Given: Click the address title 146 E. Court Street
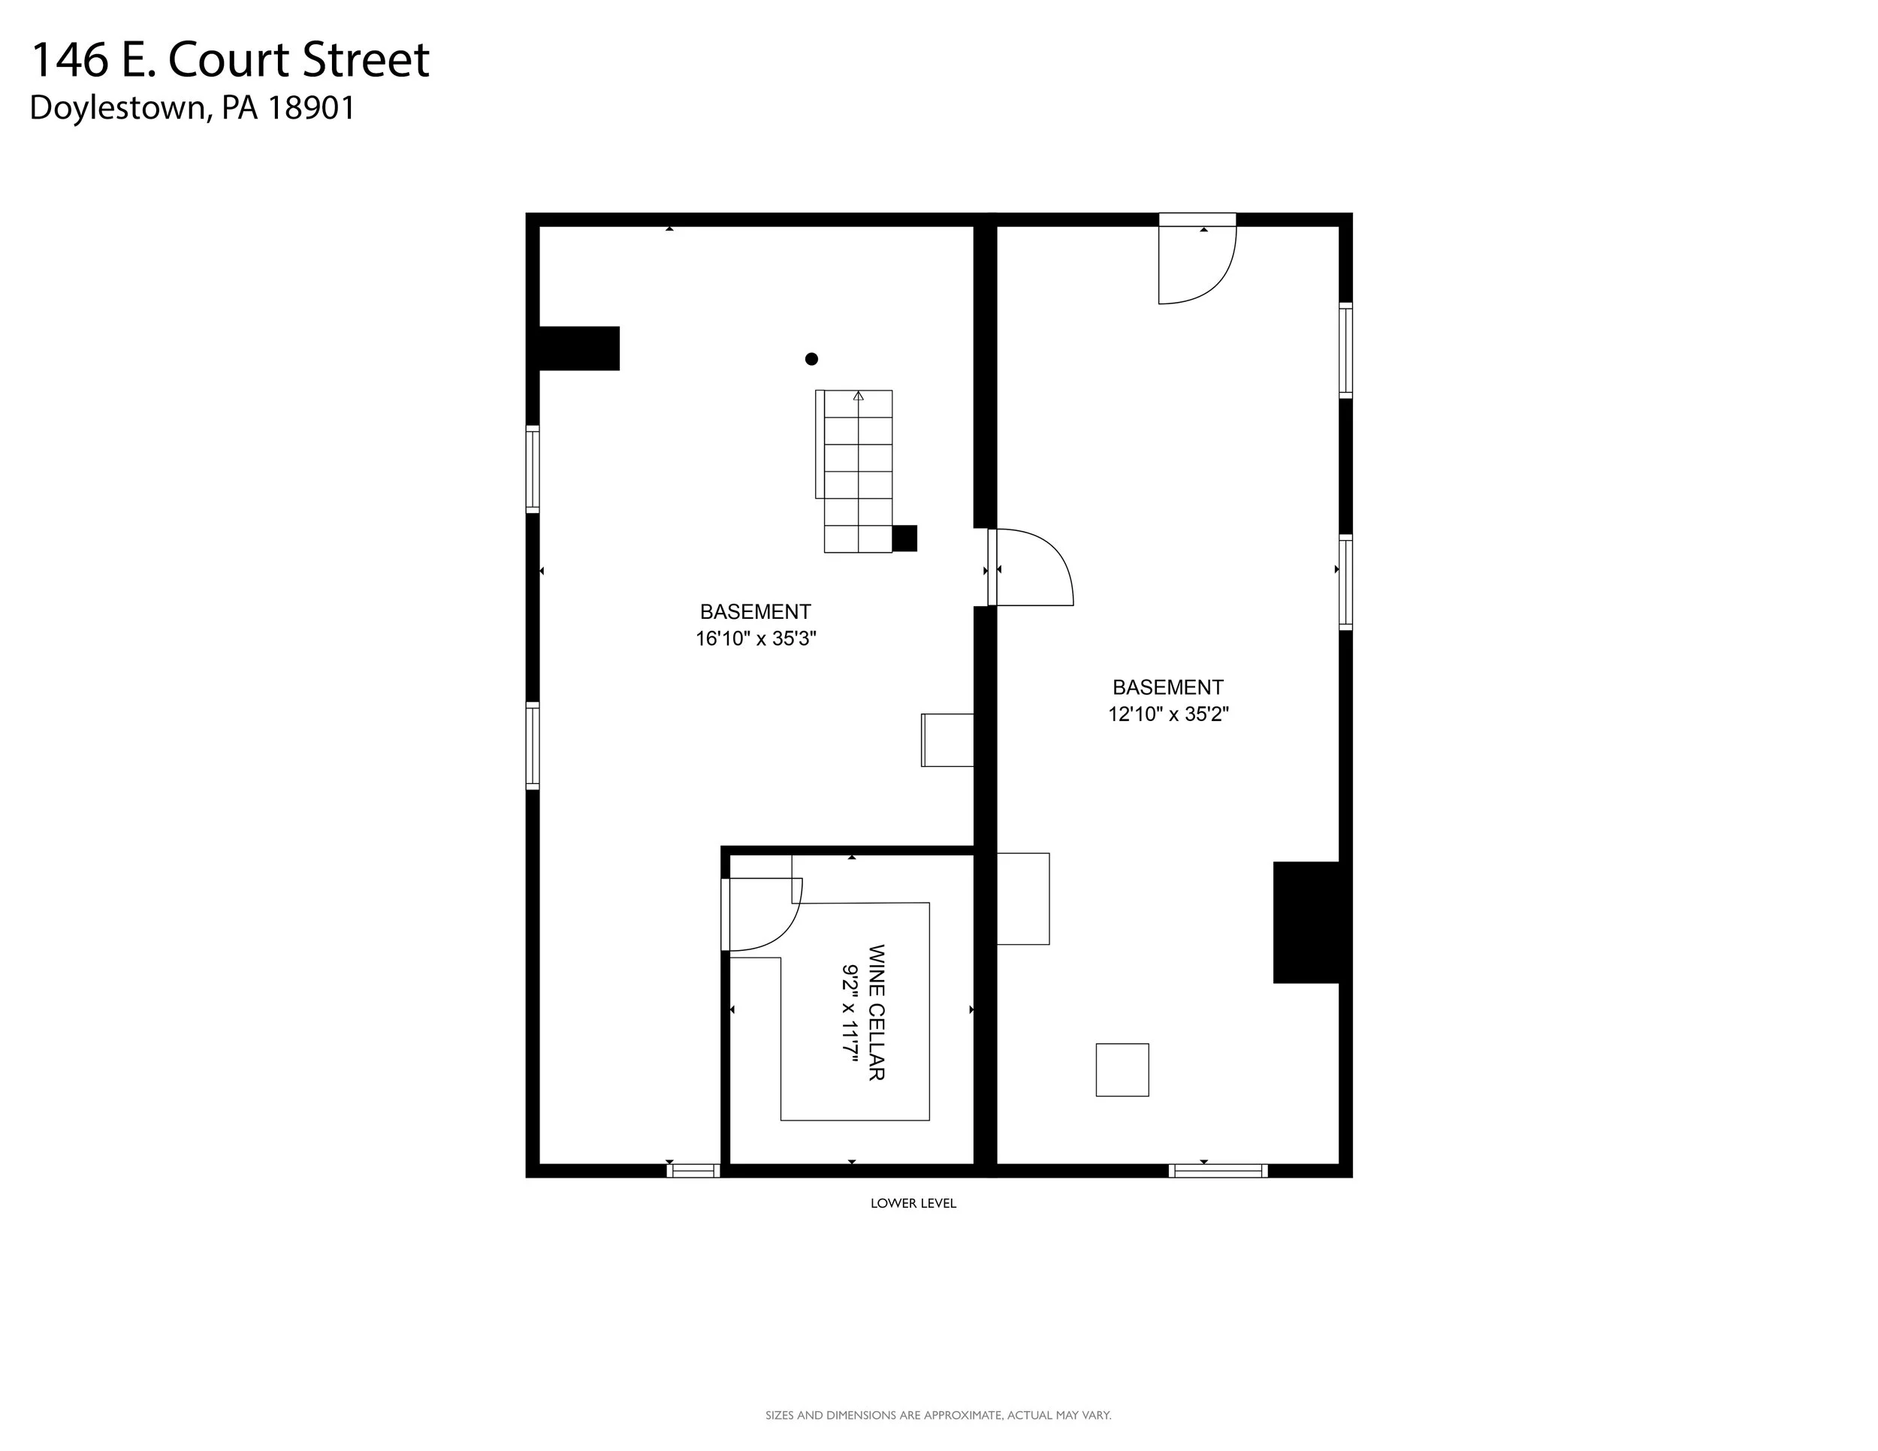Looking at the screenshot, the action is click(230, 60).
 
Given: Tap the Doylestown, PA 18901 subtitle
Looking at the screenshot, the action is click(192, 108).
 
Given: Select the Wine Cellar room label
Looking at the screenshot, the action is click(876, 1012).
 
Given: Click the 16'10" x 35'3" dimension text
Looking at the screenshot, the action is click(756, 638).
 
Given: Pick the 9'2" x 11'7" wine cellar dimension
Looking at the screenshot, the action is click(850, 1012).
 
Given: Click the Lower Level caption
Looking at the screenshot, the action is click(913, 1203).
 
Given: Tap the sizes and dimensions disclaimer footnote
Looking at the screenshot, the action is click(938, 1415).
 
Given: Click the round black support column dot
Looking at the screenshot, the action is click(811, 359).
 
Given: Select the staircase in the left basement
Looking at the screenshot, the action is click(854, 471).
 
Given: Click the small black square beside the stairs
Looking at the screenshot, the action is click(904, 538).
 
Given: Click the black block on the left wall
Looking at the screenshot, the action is click(578, 348).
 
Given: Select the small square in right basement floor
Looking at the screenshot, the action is click(1122, 1070).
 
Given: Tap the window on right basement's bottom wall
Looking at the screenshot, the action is click(1218, 1171).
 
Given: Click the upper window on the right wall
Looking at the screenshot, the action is click(1345, 351).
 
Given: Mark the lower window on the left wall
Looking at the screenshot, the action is click(533, 746).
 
